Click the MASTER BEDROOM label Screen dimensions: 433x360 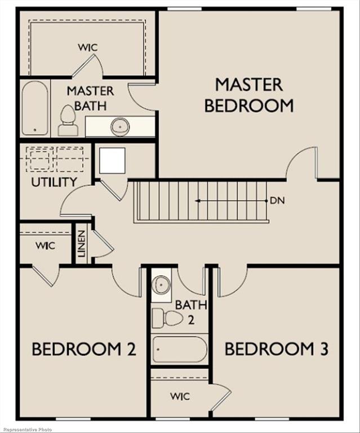point(248,95)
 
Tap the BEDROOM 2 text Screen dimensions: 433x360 point(84,349)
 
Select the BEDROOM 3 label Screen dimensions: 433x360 point(276,349)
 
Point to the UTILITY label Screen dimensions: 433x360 point(54,182)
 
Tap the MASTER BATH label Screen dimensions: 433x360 point(90,98)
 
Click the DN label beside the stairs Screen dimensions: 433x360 point(276,200)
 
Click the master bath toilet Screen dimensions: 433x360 point(68,121)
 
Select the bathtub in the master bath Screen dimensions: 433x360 point(35,108)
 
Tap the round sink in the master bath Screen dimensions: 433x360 point(120,127)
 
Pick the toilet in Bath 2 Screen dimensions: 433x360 point(167,319)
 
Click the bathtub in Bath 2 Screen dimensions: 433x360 point(179,350)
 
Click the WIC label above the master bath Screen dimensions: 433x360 point(87,47)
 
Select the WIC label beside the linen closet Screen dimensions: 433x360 point(45,246)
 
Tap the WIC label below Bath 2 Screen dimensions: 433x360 point(180,396)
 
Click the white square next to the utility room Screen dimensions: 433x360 point(112,161)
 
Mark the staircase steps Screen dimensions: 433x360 point(200,201)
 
